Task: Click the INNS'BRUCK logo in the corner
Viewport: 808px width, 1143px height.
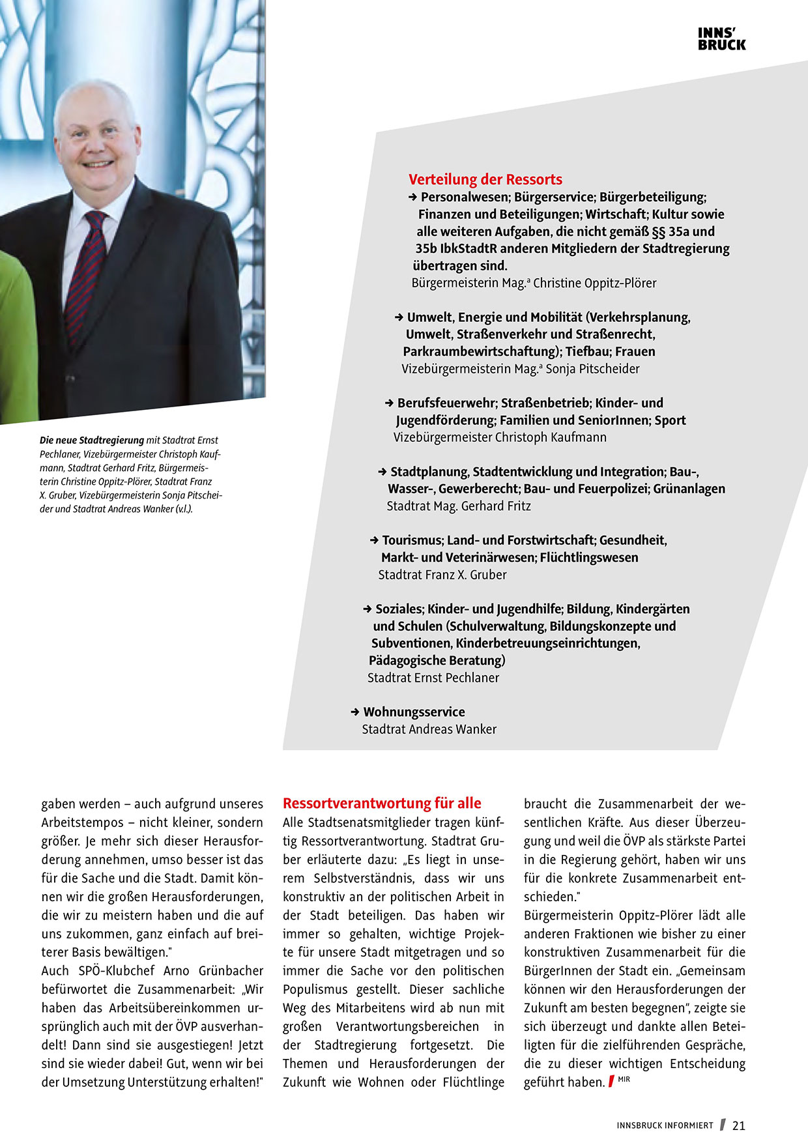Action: tap(721, 39)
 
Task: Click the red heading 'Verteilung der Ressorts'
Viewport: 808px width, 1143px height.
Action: tap(485, 180)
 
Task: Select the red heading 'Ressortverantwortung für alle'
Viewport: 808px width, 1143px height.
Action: tap(382, 803)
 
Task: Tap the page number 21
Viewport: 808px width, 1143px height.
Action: tap(739, 1125)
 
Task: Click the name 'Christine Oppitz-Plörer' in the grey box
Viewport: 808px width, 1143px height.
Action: tap(594, 283)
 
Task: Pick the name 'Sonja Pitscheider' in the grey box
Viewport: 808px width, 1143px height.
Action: tap(592, 369)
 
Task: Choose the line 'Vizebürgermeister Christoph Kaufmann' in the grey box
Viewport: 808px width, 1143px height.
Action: tap(500, 437)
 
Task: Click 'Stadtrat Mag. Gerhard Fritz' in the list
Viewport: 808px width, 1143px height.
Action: tap(459, 506)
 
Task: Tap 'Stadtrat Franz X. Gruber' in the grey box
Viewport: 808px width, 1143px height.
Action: tap(442, 575)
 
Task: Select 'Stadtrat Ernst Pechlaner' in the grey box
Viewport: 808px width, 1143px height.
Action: tap(433, 678)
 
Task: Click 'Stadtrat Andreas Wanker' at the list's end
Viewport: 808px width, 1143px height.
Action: tap(429, 729)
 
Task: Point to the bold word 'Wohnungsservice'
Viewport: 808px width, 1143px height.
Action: tap(414, 712)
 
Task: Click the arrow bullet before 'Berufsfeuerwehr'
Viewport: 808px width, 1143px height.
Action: tap(390, 403)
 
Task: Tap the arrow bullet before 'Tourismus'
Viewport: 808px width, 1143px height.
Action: tap(374, 540)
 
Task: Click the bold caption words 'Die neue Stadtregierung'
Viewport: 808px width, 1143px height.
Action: tap(92, 441)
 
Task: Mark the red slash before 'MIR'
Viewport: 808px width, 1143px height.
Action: tap(611, 1082)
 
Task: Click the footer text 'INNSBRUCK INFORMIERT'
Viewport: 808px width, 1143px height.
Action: tap(665, 1125)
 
